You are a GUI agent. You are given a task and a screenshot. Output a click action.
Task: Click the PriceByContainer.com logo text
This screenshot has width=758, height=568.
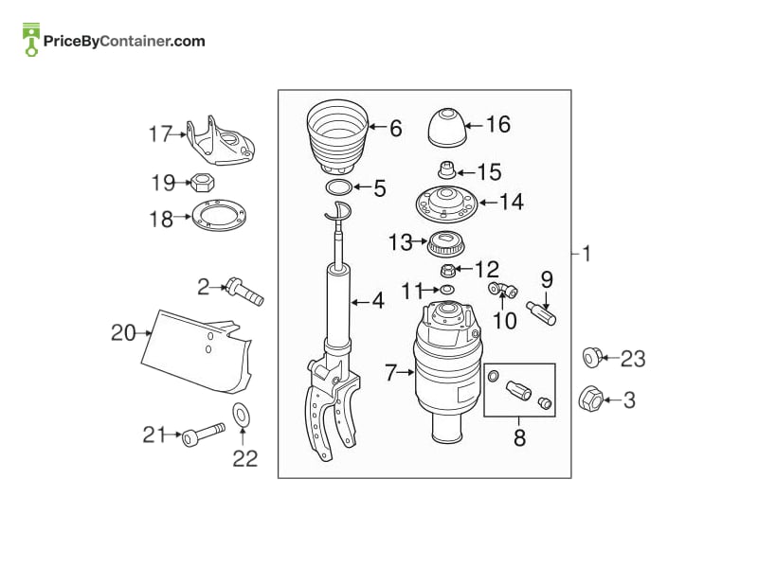(x=124, y=41)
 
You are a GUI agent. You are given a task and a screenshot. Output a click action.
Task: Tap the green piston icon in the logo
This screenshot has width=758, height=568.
(x=31, y=40)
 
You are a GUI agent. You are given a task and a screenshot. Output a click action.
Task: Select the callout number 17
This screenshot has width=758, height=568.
(x=160, y=133)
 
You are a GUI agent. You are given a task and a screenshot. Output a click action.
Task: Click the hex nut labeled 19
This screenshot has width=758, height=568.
(x=203, y=183)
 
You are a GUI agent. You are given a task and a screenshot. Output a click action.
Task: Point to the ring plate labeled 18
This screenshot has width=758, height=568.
(x=219, y=215)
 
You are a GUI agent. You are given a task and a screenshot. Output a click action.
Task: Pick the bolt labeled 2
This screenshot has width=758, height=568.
(x=245, y=292)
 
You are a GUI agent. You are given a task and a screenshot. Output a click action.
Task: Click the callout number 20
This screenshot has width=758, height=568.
(x=123, y=333)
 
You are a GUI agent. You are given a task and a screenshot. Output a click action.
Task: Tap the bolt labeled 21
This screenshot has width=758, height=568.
(x=203, y=435)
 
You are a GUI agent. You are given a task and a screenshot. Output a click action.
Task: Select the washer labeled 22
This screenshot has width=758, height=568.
(x=242, y=415)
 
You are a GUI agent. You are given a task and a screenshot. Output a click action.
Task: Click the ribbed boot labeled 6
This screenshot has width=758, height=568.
(x=338, y=136)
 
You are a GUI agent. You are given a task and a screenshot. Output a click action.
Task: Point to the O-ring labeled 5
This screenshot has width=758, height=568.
(x=338, y=186)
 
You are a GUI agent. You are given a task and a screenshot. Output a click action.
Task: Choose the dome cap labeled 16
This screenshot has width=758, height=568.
(x=447, y=128)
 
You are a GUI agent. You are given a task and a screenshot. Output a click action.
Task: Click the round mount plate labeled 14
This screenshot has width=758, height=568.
(x=446, y=204)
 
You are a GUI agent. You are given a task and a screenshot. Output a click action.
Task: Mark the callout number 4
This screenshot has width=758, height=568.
(x=378, y=301)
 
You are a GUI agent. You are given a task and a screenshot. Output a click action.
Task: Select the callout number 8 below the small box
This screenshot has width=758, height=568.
(x=519, y=437)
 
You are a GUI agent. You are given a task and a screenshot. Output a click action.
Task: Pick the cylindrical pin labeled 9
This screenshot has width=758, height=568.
(x=541, y=313)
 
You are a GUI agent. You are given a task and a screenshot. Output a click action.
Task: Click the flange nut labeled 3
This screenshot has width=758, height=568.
(x=590, y=399)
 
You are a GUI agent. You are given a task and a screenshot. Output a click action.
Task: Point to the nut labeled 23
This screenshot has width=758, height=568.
(x=592, y=358)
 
